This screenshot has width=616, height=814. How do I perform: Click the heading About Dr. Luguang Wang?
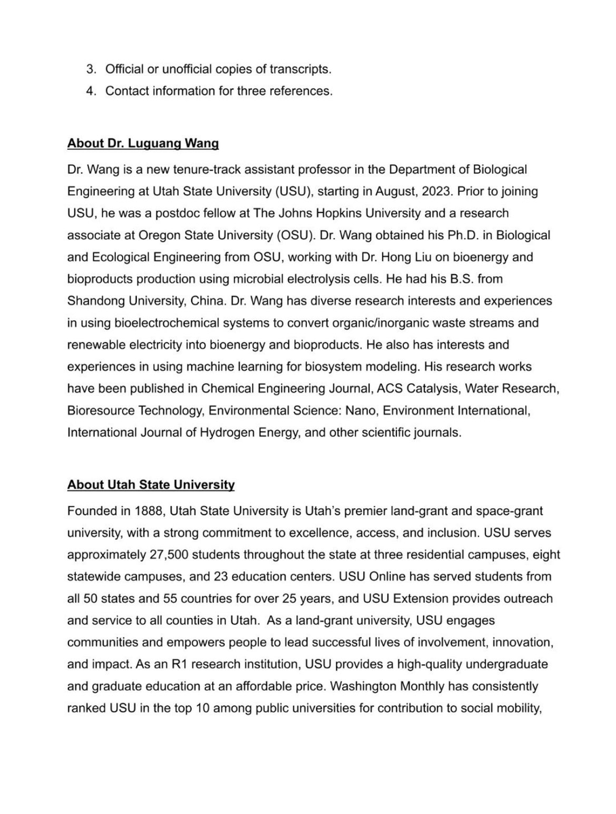coord(142,144)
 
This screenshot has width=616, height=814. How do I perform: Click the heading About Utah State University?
coord(150,485)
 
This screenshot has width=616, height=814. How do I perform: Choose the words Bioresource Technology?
coord(136,410)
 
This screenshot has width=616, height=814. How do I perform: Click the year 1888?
coord(150,511)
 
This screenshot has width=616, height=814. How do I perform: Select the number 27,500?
coord(175,555)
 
